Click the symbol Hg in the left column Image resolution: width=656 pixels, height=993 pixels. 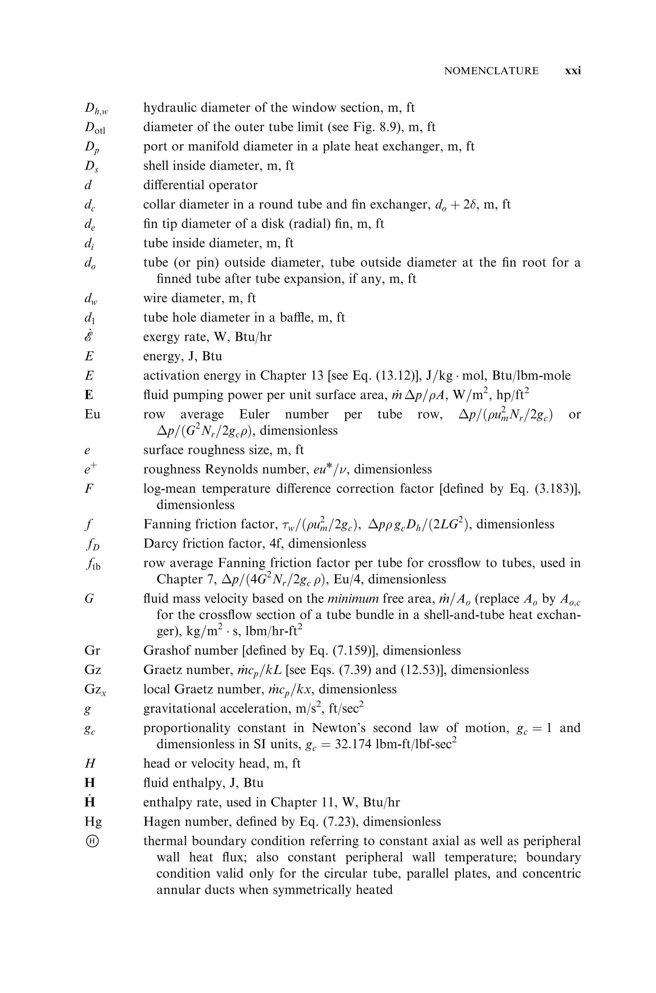[93, 822]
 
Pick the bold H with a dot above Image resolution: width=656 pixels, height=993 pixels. [90, 801]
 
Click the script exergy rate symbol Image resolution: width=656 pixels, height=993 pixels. [89, 337]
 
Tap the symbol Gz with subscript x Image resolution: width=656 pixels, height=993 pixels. [95, 690]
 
